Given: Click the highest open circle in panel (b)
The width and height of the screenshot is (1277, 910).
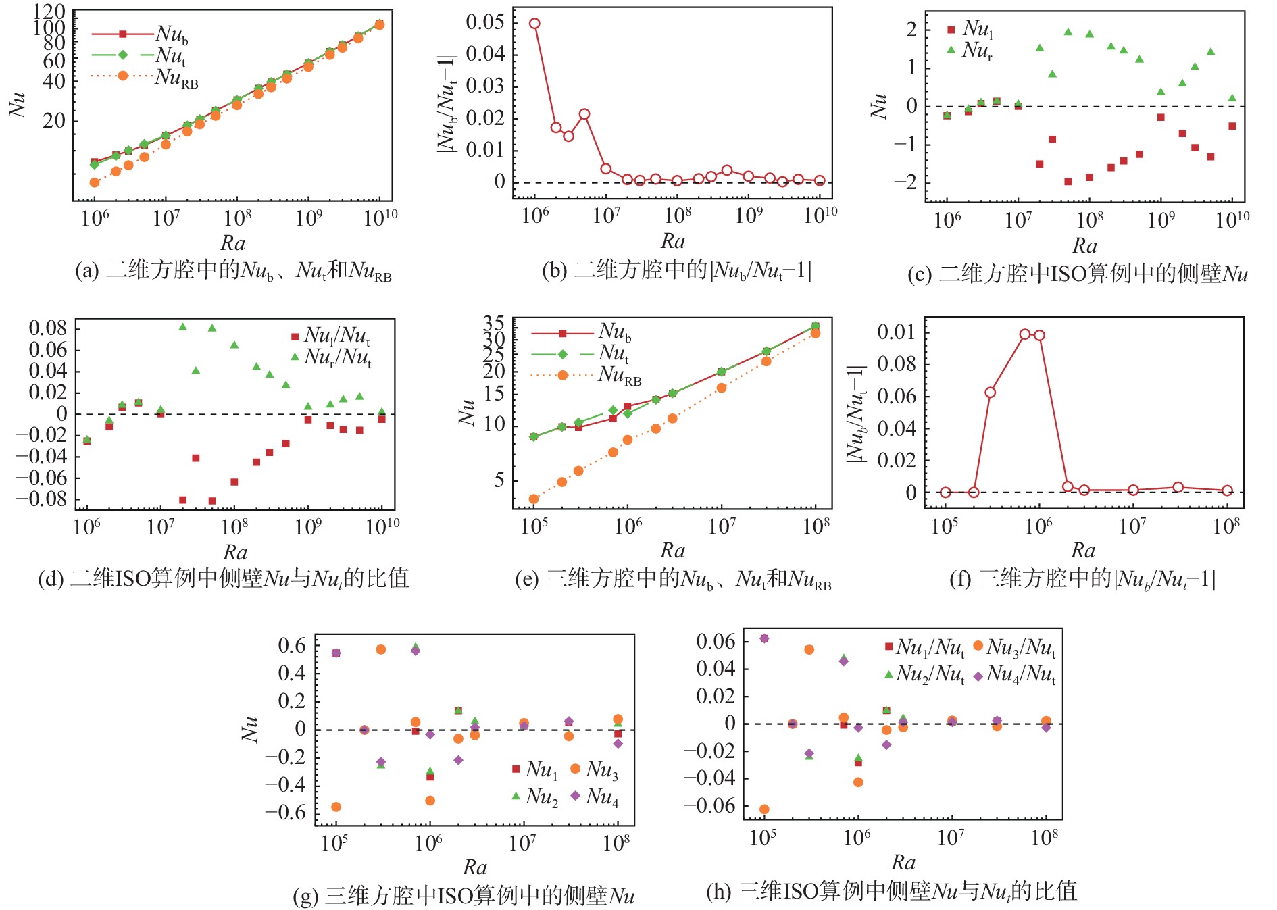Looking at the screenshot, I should [x=534, y=24].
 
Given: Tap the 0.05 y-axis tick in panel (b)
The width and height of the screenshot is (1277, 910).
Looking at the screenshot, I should [x=485, y=22].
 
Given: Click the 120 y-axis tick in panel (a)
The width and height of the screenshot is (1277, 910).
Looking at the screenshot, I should [x=49, y=11].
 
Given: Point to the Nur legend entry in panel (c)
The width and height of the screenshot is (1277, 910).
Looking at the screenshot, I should [x=978, y=51].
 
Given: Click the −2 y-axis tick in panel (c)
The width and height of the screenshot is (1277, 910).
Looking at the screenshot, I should [x=906, y=182].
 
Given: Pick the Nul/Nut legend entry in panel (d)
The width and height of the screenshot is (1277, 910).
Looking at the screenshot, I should [x=336, y=336].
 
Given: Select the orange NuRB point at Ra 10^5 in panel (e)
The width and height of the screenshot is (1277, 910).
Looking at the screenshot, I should [x=534, y=499].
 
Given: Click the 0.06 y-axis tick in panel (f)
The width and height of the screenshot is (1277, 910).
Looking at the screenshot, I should [x=897, y=396].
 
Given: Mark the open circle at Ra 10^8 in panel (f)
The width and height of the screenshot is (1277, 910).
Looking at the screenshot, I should [x=1227, y=490].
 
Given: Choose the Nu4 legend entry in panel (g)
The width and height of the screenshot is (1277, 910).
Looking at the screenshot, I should [x=601, y=797].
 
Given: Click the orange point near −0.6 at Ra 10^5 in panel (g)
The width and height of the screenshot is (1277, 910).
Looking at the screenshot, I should [x=336, y=807].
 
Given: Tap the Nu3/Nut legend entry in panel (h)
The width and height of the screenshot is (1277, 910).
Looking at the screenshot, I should [x=1020, y=648].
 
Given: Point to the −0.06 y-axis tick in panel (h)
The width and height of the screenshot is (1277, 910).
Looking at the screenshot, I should [x=709, y=805].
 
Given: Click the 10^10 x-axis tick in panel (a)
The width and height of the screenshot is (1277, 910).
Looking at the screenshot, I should [x=380, y=218].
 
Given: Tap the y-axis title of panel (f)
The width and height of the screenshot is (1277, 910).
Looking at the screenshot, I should [x=856, y=414].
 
